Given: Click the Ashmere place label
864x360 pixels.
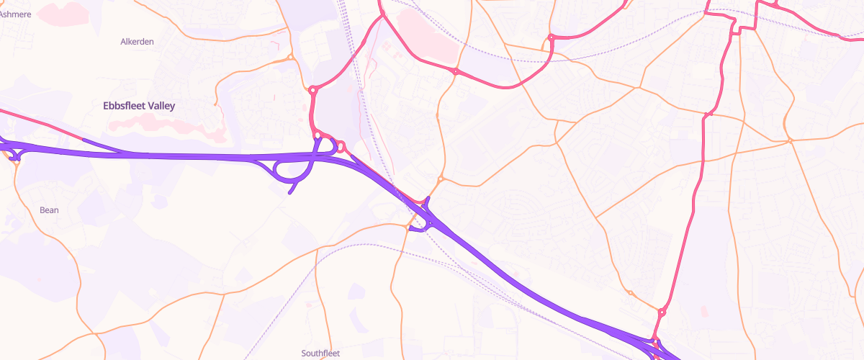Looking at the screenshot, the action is [x=16, y=13].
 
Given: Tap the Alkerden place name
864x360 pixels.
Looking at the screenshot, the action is [x=137, y=42].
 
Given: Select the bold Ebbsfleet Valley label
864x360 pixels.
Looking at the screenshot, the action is [x=139, y=106].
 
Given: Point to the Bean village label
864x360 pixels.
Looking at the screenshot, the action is [x=49, y=210].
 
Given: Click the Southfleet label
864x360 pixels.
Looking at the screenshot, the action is [x=320, y=353].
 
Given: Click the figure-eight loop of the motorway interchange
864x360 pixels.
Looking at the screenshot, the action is [x=292, y=170].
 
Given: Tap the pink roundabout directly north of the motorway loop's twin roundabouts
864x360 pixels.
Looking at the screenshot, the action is [x=313, y=90].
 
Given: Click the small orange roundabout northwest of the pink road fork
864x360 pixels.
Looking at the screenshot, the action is [x=290, y=58].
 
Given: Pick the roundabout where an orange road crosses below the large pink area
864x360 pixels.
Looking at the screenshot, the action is [x=456, y=71].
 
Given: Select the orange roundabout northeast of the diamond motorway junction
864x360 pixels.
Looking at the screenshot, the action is [x=441, y=179].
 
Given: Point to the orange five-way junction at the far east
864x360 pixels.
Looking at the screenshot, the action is [x=790, y=140].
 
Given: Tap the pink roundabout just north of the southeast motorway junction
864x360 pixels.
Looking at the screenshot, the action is [x=662, y=312].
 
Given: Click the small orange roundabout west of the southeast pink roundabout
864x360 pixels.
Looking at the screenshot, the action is [x=630, y=293].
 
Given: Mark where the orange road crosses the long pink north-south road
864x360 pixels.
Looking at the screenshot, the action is [x=708, y=114].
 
